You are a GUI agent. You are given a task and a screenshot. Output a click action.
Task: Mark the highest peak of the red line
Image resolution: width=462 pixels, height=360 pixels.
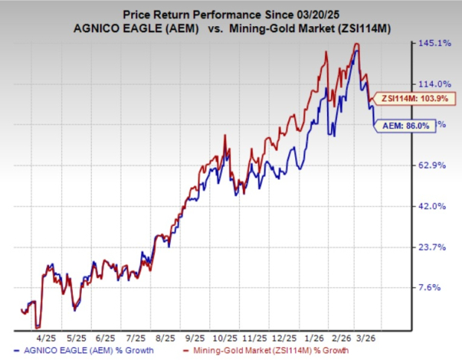(357, 44)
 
